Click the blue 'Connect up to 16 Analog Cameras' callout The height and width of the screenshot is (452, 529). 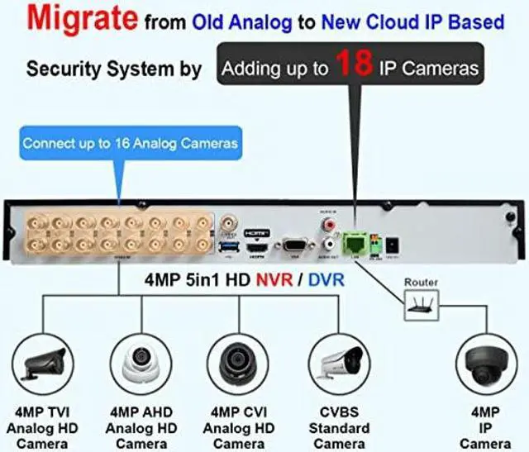coord(131,143)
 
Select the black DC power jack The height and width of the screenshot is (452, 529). coord(394,245)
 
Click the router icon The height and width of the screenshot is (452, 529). coord(422,306)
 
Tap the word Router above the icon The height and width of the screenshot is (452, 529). coord(421,283)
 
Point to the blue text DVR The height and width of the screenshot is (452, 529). coord(326,281)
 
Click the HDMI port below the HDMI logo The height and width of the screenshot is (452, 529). coord(260,246)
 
